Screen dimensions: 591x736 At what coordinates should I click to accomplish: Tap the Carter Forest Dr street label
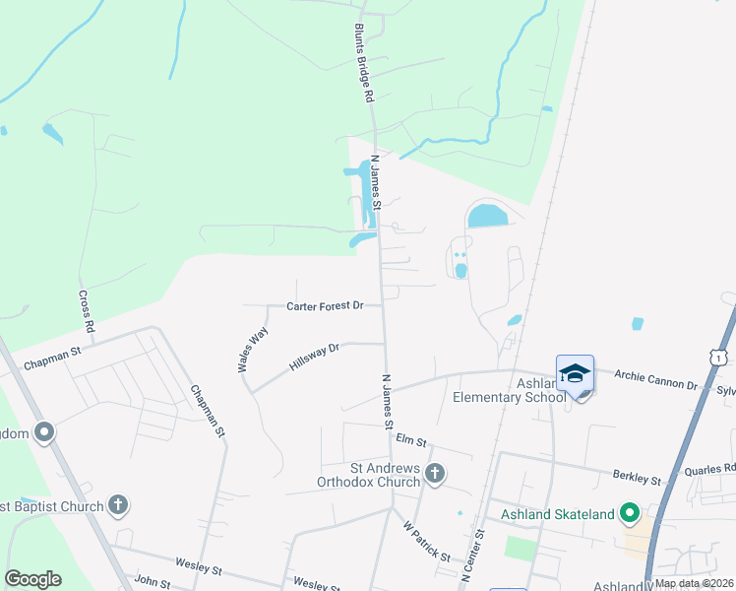(x=325, y=306)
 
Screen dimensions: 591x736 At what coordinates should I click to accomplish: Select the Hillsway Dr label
(x=314, y=357)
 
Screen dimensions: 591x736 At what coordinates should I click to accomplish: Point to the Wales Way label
(x=252, y=349)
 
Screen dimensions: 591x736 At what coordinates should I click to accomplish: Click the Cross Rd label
(x=88, y=309)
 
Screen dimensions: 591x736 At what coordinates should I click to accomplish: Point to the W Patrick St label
(x=425, y=542)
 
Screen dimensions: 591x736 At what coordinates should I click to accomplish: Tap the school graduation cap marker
(x=575, y=374)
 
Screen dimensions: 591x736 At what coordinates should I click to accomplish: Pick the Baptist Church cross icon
(x=117, y=506)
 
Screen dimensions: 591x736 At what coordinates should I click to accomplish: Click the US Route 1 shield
(x=720, y=357)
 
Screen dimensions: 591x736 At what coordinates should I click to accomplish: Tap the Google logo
(x=32, y=579)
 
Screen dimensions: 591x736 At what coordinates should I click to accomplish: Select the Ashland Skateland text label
(x=557, y=513)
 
